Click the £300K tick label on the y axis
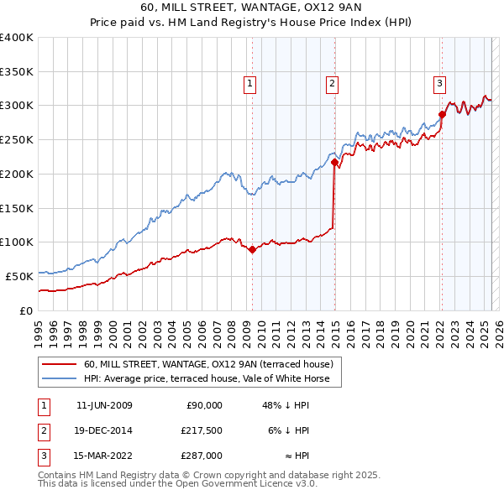(17, 106)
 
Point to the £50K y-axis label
(19, 276)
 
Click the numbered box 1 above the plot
(250, 83)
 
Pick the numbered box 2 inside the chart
(333, 83)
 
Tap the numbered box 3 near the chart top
(439, 83)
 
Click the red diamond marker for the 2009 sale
(252, 249)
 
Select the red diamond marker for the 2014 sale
(334, 162)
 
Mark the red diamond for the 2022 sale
(442, 115)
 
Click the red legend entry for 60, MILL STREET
(208, 364)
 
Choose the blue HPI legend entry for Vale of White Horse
(211, 378)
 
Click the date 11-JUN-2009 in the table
(104, 405)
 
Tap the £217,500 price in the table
(200, 430)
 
